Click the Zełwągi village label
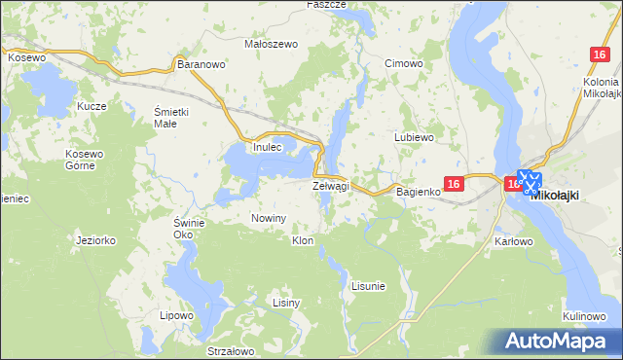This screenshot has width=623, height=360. point(330,185)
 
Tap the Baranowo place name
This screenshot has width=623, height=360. point(202,64)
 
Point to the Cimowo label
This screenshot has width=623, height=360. point(403,63)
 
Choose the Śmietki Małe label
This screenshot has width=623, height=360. point(171,118)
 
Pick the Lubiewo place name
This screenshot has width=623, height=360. point(413,138)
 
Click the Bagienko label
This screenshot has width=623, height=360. point(420,193)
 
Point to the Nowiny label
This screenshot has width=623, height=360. point(269,218)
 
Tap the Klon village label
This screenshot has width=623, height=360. point(303,239)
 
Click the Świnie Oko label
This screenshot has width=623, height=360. point(189,228)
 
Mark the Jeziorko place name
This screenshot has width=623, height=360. point(96,239)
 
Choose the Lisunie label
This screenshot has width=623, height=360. point(368,286)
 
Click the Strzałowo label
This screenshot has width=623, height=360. point(231,351)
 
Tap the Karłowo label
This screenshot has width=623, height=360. point(515,240)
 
